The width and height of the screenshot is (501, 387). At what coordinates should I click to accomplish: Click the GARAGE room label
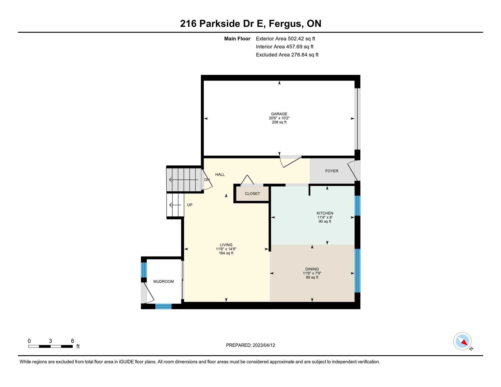point(279,114)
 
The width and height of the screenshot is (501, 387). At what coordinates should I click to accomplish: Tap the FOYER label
point(331,171)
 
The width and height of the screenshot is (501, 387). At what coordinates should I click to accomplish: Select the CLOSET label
point(252,193)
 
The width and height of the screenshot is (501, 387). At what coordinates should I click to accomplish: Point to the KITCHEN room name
point(325,213)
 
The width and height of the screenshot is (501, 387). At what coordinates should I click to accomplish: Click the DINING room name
point(312,269)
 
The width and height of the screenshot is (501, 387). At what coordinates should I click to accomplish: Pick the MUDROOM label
point(163,282)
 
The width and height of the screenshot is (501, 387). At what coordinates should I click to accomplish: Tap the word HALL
point(220,175)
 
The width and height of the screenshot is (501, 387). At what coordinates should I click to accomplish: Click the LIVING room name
point(226,245)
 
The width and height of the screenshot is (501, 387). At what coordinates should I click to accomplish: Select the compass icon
point(463,341)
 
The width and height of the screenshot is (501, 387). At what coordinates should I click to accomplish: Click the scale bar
point(50,346)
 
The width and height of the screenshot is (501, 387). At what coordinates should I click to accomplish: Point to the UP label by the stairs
point(190,205)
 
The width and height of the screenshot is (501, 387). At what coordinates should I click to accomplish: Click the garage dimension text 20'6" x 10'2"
point(279,118)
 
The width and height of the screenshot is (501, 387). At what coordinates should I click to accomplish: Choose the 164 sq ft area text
point(226,253)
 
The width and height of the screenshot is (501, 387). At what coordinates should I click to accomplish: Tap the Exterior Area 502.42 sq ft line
point(285,39)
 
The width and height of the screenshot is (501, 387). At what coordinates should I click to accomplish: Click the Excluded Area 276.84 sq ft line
point(287,55)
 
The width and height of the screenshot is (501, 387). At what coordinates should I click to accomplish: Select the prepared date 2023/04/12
point(264,345)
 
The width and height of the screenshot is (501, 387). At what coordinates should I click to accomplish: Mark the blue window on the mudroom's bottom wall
point(163,306)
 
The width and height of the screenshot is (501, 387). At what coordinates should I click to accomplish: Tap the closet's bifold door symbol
point(247,180)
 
